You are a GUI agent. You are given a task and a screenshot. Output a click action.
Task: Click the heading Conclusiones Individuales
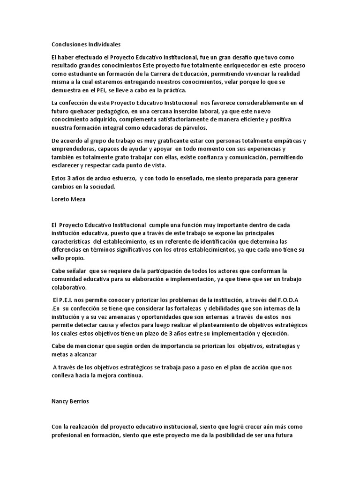coord(86,45)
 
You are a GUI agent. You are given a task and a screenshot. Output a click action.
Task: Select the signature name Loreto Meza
coord(69,198)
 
